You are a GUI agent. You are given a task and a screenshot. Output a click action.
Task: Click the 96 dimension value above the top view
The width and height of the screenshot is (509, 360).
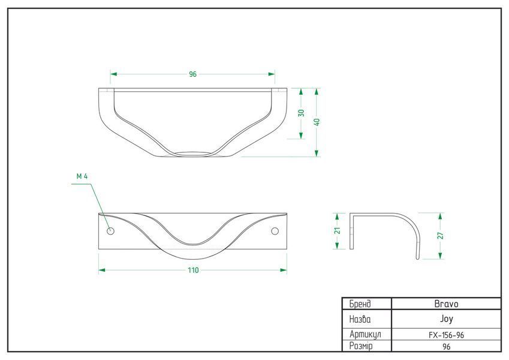[x=193, y=74]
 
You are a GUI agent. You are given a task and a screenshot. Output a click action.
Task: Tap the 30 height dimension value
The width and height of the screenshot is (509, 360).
[x=301, y=113]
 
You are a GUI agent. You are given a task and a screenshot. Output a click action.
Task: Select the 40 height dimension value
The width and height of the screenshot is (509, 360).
[x=317, y=122]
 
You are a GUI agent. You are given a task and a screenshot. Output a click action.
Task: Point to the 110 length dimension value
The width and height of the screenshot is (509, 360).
[x=193, y=270]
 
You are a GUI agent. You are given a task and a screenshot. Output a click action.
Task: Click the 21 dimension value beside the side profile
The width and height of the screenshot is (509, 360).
[x=338, y=230]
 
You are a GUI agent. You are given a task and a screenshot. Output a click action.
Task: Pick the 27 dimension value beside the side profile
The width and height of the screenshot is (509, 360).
[x=441, y=236]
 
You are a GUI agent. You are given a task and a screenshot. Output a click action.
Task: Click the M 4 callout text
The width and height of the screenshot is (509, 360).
[x=82, y=176]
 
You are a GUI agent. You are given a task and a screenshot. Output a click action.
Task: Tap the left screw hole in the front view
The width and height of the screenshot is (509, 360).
[x=111, y=232]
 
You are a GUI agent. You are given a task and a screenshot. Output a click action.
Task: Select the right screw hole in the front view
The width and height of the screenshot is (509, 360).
[x=275, y=232]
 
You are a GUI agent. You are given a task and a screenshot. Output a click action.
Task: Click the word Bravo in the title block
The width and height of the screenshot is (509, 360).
[x=446, y=304]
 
